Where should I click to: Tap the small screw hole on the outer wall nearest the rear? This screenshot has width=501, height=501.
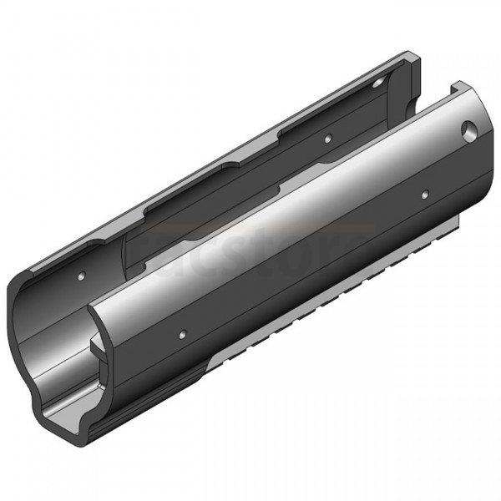pos(424,195)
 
